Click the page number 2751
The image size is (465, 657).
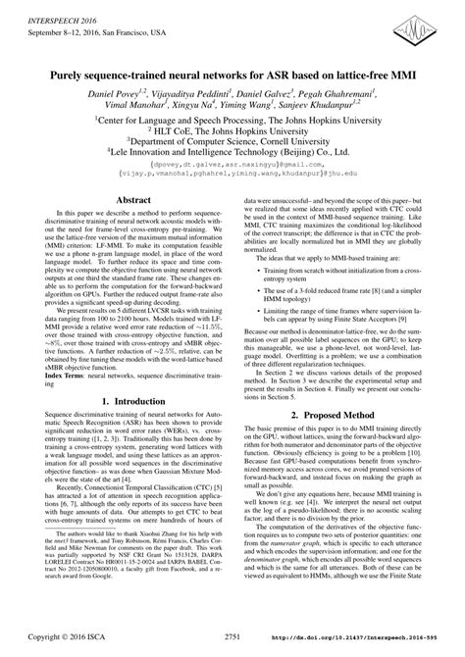click(x=232, y=635)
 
